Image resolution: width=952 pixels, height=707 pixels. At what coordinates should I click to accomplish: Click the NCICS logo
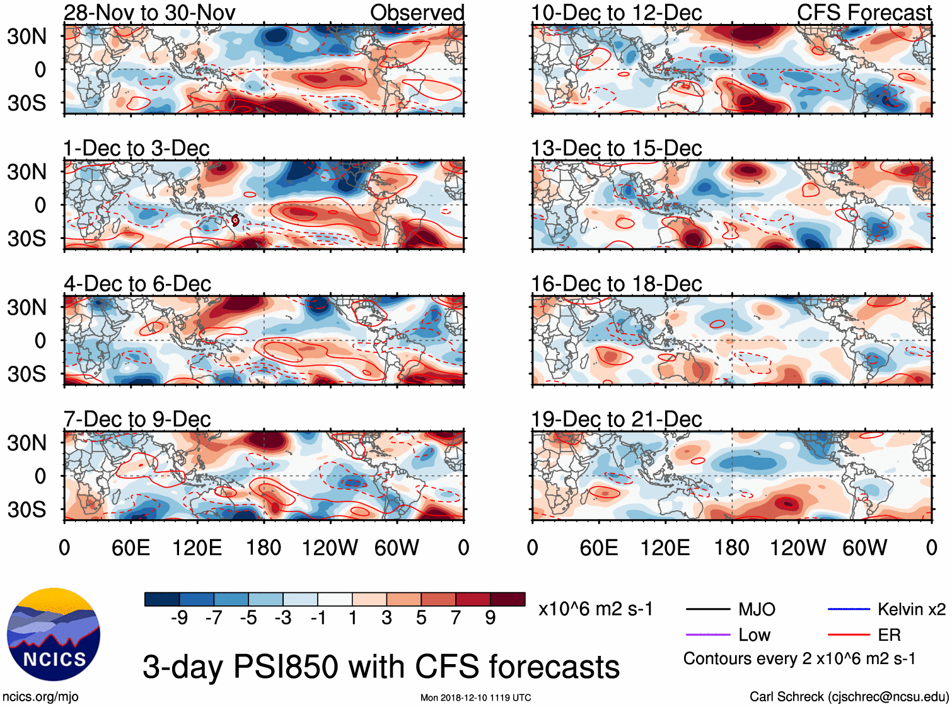[54, 634]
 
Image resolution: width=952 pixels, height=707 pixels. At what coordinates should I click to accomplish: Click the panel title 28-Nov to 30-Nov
[149, 13]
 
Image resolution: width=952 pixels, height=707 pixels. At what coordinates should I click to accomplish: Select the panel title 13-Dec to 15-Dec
[616, 148]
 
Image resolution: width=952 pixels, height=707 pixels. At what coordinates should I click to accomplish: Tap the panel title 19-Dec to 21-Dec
[616, 419]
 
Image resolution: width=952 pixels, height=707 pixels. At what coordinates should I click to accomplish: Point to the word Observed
[417, 13]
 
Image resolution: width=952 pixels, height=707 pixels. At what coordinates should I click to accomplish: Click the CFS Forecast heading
[864, 13]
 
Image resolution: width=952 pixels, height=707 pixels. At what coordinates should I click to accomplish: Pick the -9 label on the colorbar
[179, 618]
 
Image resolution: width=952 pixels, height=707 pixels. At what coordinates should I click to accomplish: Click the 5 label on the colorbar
[421, 618]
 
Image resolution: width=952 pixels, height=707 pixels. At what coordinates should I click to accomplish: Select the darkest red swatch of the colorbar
[508, 599]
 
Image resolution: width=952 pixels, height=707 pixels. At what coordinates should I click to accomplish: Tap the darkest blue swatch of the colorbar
[162, 599]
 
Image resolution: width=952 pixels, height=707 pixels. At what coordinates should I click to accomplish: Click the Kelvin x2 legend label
[911, 609]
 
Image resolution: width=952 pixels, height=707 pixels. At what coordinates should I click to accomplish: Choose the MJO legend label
[757, 609]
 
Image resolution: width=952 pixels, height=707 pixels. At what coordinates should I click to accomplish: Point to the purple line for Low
[707, 634]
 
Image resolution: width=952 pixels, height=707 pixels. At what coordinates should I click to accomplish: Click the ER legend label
[889, 634]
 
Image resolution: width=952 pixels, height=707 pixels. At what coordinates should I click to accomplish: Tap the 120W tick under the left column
[330, 547]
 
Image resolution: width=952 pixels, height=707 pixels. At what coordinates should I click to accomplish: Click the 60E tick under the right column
[599, 547]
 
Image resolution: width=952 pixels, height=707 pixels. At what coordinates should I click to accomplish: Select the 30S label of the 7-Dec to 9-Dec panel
[26, 510]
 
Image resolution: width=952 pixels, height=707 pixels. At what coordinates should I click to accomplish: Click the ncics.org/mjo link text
[40, 696]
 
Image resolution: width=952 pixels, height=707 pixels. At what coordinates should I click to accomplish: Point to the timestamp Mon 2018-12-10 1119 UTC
[475, 698]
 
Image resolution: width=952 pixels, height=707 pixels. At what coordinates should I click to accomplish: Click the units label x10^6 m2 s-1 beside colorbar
[595, 609]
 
